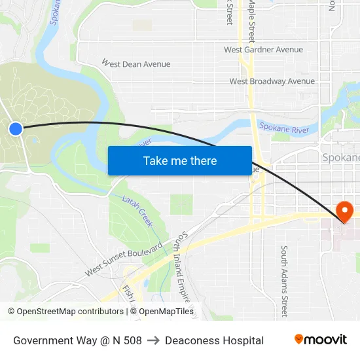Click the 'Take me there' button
click(180, 161)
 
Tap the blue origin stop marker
click(16, 129)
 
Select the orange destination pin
click(344, 211)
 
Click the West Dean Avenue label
click(136, 64)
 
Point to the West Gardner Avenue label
click(263, 50)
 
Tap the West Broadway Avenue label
click(272, 82)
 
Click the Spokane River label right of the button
click(283, 128)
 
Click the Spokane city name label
click(341, 158)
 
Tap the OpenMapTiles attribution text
click(166, 312)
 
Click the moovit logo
click(320, 339)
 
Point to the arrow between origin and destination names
click(153, 340)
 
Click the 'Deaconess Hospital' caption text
click(214, 340)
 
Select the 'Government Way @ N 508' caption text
click(77, 340)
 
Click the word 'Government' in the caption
click(43, 340)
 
